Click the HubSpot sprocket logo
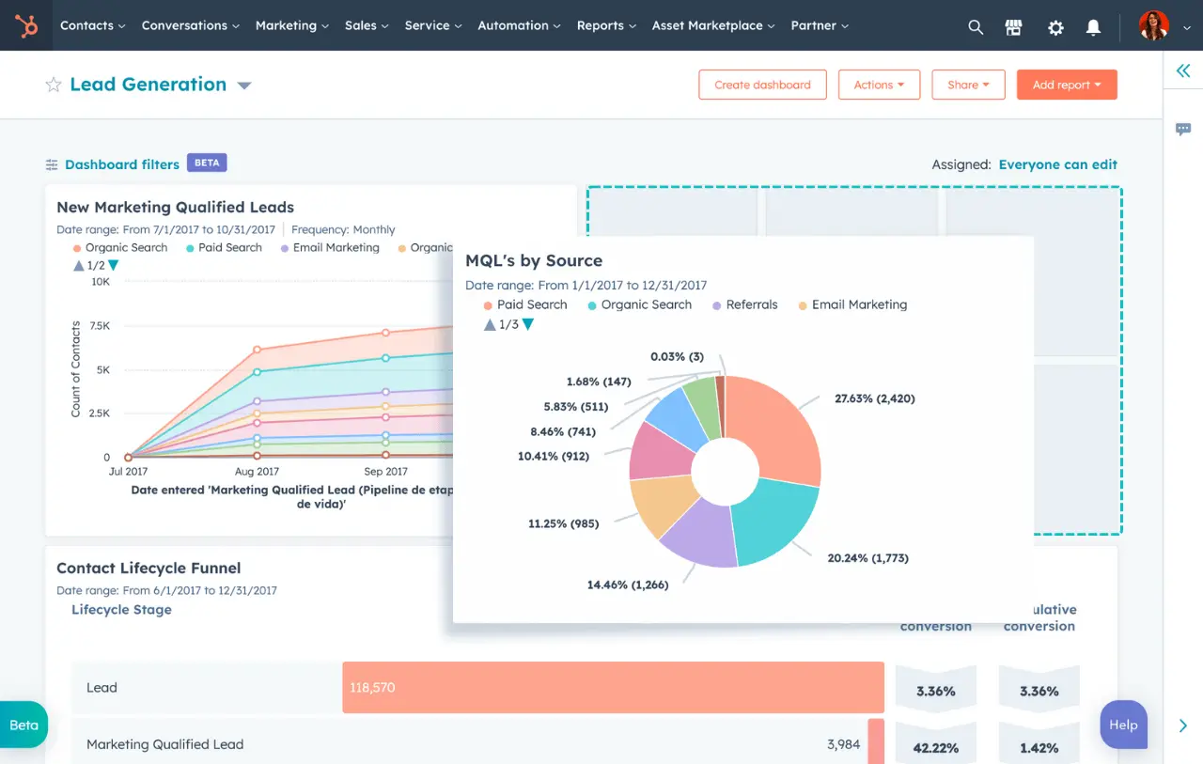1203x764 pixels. tap(26, 25)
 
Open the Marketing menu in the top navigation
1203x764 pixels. tap(291, 25)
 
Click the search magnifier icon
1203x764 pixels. tap(976, 27)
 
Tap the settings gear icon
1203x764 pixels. tap(1055, 27)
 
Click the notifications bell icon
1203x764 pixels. tap(1093, 27)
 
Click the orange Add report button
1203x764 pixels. tap(1066, 85)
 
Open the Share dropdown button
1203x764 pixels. tap(968, 85)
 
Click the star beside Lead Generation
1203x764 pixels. tap(54, 85)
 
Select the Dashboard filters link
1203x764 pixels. tap(121, 164)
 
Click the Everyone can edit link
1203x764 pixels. tap(1057, 164)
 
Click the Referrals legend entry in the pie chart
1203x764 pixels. tap(751, 304)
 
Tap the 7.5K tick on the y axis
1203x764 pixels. tap(99, 325)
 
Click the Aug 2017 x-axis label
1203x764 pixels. tap(256, 472)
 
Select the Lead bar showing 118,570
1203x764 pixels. tap(613, 687)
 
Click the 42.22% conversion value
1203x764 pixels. tap(935, 748)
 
